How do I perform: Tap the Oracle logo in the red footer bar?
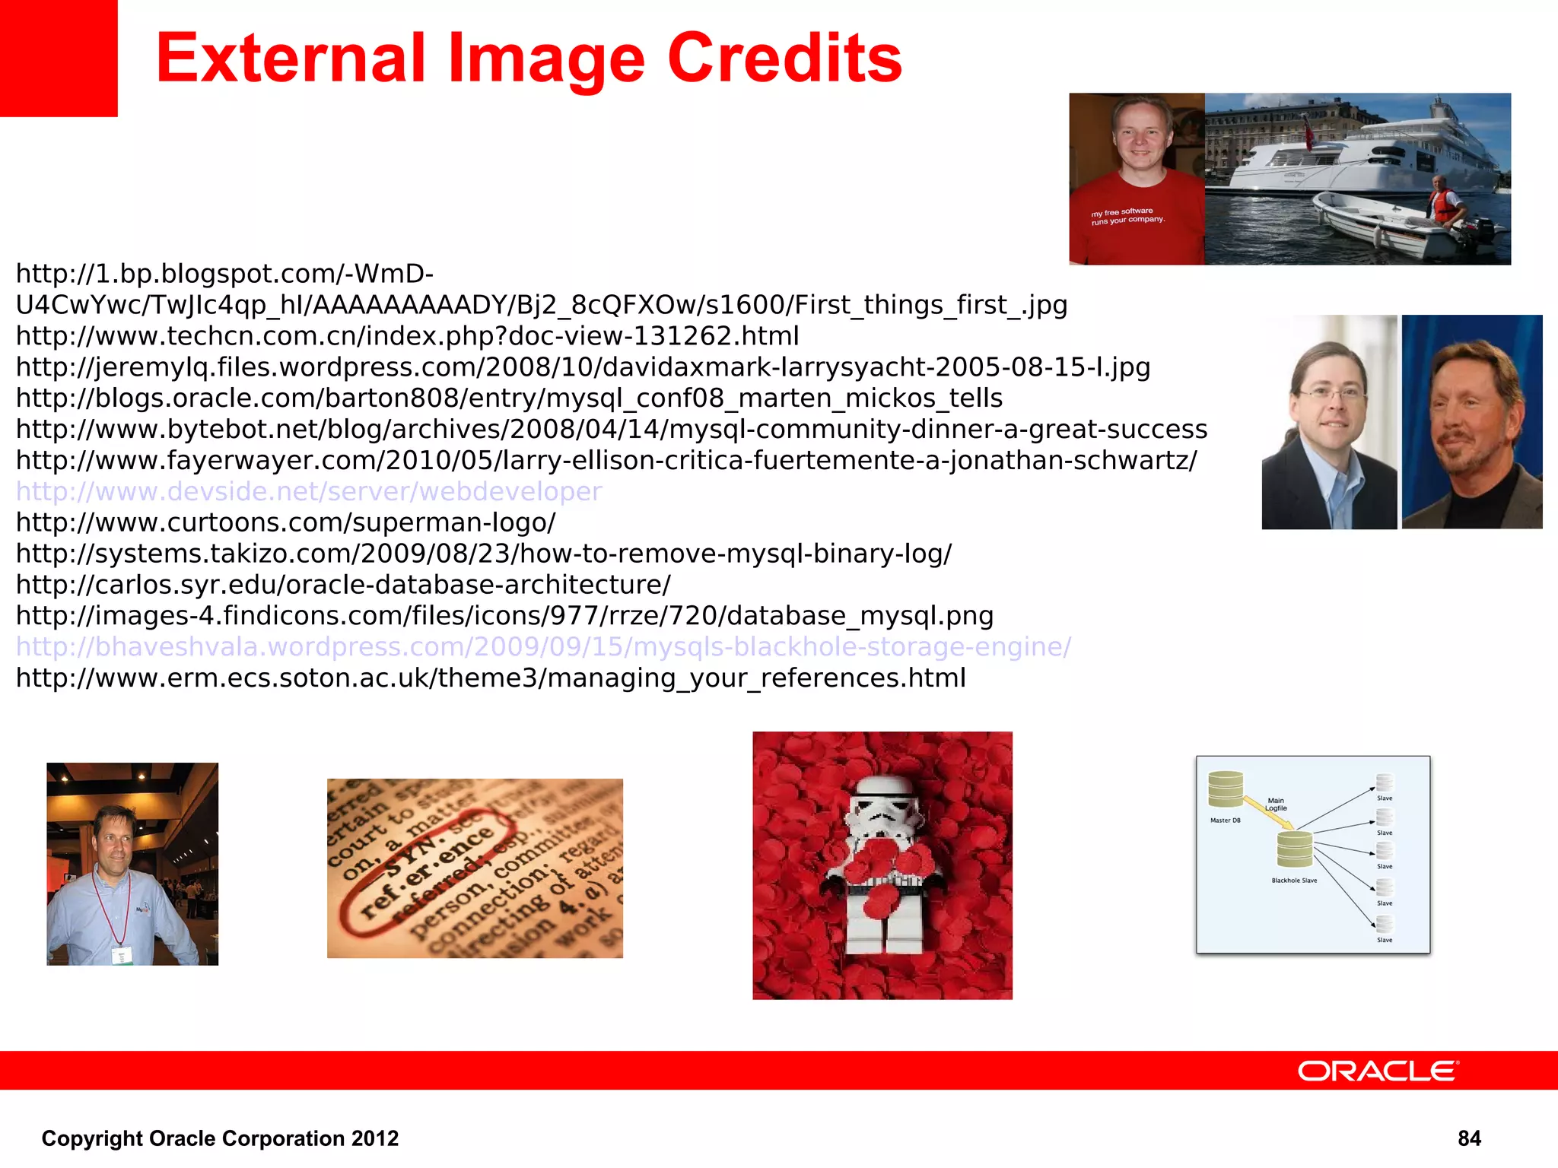(x=1378, y=1071)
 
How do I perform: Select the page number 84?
(x=1469, y=1138)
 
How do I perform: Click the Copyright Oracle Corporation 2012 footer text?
(x=220, y=1138)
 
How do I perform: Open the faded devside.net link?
(x=309, y=491)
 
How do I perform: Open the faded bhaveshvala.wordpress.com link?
(x=543, y=646)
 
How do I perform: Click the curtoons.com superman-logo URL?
(x=286, y=522)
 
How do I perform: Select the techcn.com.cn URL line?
(x=407, y=335)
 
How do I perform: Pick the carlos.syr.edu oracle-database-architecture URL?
(x=343, y=585)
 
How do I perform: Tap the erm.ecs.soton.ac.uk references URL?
(x=491, y=678)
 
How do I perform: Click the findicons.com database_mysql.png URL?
(x=504, y=616)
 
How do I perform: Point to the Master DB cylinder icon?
(x=1226, y=789)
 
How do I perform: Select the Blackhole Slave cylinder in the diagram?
(x=1294, y=849)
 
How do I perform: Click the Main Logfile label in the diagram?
(x=1276, y=804)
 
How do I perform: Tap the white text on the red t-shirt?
(x=1127, y=216)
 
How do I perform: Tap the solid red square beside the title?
(x=59, y=58)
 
